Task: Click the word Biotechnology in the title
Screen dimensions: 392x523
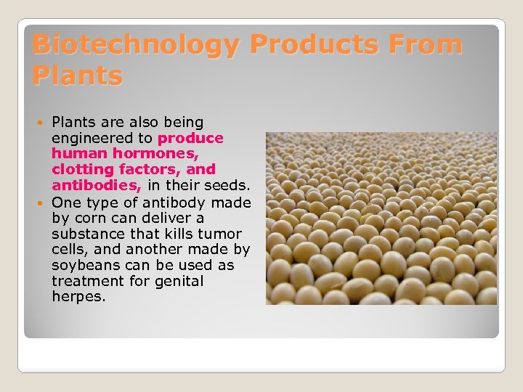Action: pos(135,44)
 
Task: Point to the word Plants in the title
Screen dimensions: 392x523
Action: pos(78,75)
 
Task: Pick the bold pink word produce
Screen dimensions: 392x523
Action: pos(190,138)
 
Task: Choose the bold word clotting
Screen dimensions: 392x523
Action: pos(81,170)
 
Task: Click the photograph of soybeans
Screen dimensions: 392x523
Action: pos(381,218)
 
